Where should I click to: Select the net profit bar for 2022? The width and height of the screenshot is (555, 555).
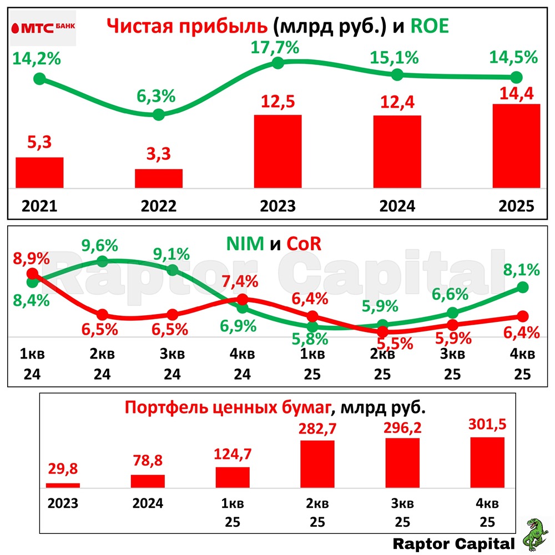(x=159, y=178)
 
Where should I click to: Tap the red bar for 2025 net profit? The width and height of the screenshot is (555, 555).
(x=516, y=146)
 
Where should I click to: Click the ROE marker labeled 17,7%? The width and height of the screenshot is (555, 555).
(x=279, y=63)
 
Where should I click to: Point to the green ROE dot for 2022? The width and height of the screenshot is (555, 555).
(x=158, y=115)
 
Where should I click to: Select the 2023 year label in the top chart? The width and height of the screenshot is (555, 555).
(x=277, y=206)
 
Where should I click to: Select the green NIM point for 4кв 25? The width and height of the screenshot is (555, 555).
(x=522, y=286)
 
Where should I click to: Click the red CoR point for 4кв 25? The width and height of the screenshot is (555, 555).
(x=522, y=316)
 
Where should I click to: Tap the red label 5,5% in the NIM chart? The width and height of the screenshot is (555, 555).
(x=396, y=344)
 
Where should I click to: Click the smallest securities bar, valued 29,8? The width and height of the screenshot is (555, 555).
(x=63, y=485)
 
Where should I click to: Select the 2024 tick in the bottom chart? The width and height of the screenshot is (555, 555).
(x=148, y=504)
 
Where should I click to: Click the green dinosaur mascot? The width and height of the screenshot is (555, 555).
(x=536, y=534)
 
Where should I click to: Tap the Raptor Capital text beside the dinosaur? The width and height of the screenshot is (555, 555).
(x=454, y=543)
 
